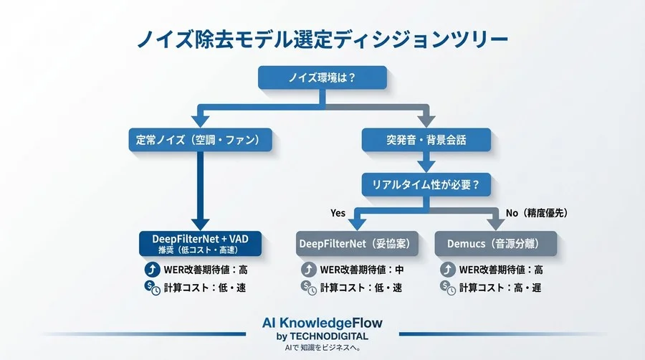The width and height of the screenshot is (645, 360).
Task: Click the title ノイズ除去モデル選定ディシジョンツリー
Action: point(322,37)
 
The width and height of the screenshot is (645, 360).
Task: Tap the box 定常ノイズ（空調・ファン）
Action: point(200,138)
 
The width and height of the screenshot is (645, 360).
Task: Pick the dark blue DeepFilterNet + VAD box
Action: point(200,244)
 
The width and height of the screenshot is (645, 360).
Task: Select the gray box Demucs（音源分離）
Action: point(495,244)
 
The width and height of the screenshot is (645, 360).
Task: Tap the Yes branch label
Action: point(338,213)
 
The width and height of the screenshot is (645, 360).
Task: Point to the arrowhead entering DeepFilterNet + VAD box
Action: point(200,224)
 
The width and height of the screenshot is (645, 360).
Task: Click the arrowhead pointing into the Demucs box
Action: point(495,224)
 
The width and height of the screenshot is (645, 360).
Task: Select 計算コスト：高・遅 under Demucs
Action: point(501,288)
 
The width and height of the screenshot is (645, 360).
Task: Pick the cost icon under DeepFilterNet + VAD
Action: point(151,288)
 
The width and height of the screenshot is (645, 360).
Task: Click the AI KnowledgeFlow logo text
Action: point(322,323)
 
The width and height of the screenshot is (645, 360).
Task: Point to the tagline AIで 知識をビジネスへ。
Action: point(322,348)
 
